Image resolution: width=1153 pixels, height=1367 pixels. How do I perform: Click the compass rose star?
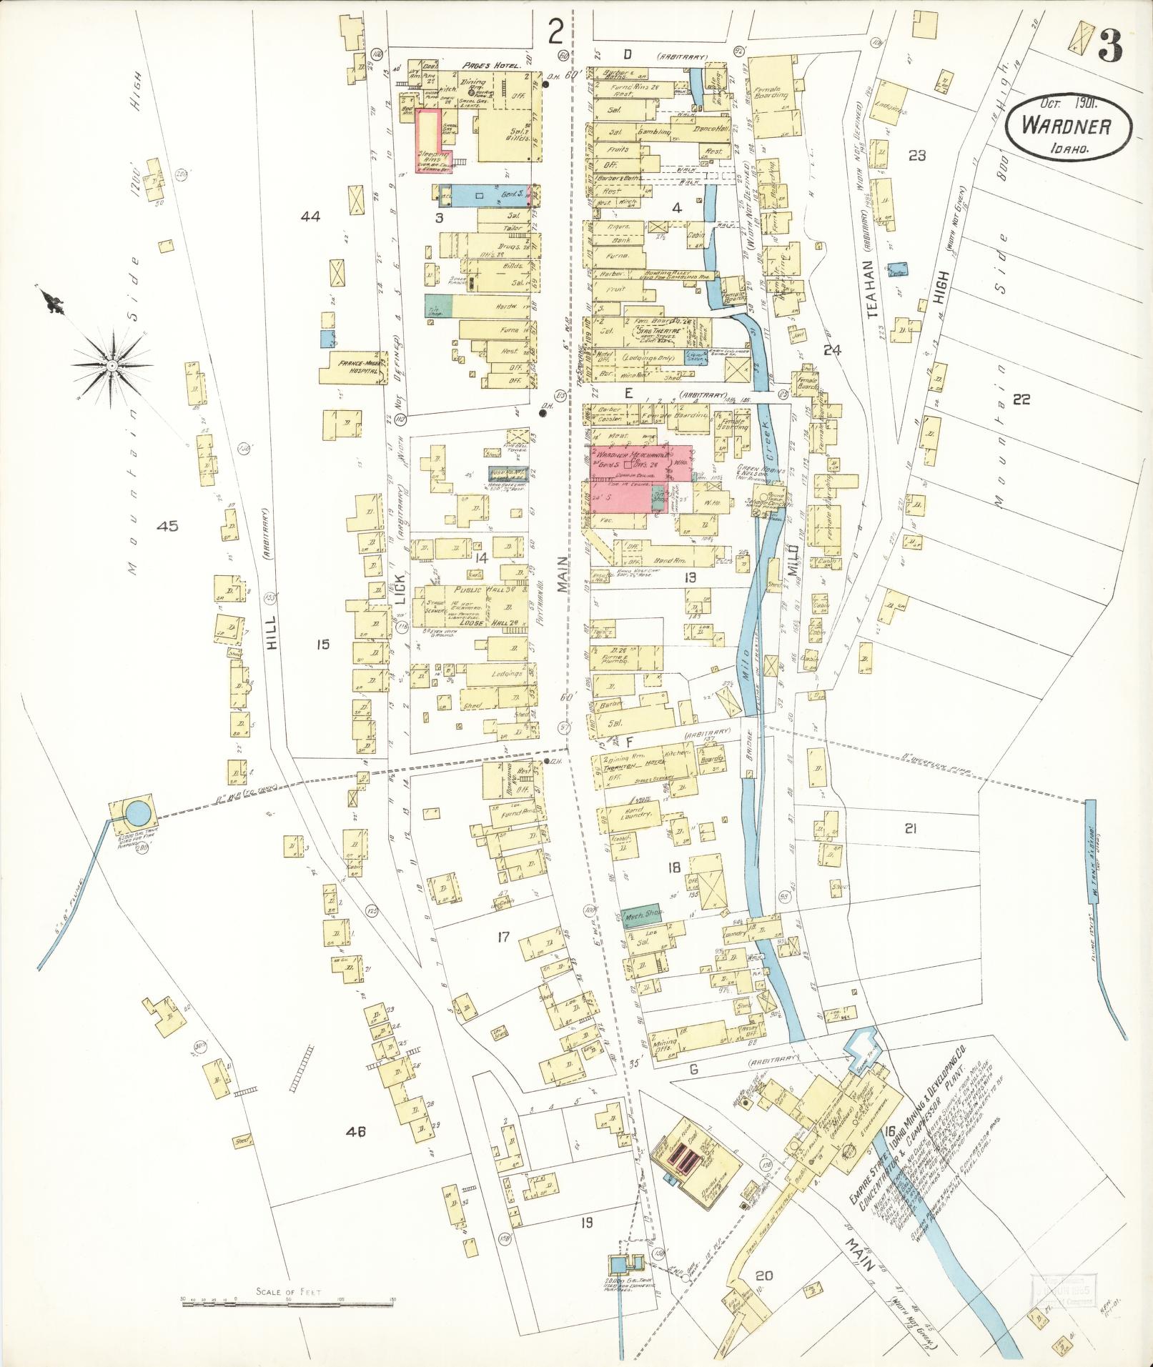112,365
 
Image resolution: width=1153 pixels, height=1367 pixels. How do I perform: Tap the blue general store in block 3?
493,194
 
